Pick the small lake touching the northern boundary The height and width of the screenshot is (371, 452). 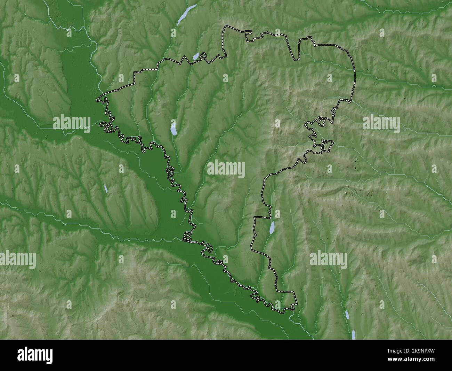point(196,56)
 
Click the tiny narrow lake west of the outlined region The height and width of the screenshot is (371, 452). point(106,188)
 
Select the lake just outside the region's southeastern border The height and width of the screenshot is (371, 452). point(273,227)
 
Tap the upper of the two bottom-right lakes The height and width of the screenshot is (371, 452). point(347,315)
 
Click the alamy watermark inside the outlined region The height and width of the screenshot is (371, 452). point(226,169)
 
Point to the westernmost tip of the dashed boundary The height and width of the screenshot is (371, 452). point(97,100)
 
